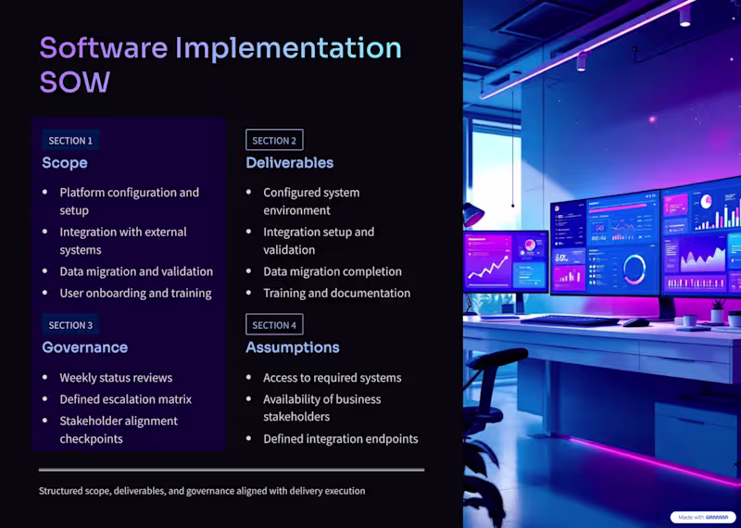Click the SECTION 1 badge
[70, 141]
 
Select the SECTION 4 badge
[274, 325]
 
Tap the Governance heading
[84, 347]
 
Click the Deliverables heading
[289, 163]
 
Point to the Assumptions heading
[292, 347]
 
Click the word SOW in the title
[74, 82]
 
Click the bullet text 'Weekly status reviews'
[116, 378]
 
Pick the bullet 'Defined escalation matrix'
[125, 399]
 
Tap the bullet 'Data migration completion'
[332, 271]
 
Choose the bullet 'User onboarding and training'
[135, 293]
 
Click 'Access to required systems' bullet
[332, 378]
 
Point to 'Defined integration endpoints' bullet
[340, 439]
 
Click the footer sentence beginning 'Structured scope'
[202, 491]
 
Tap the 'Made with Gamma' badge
[702, 517]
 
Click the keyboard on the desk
[569, 320]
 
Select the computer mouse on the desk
[634, 322]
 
